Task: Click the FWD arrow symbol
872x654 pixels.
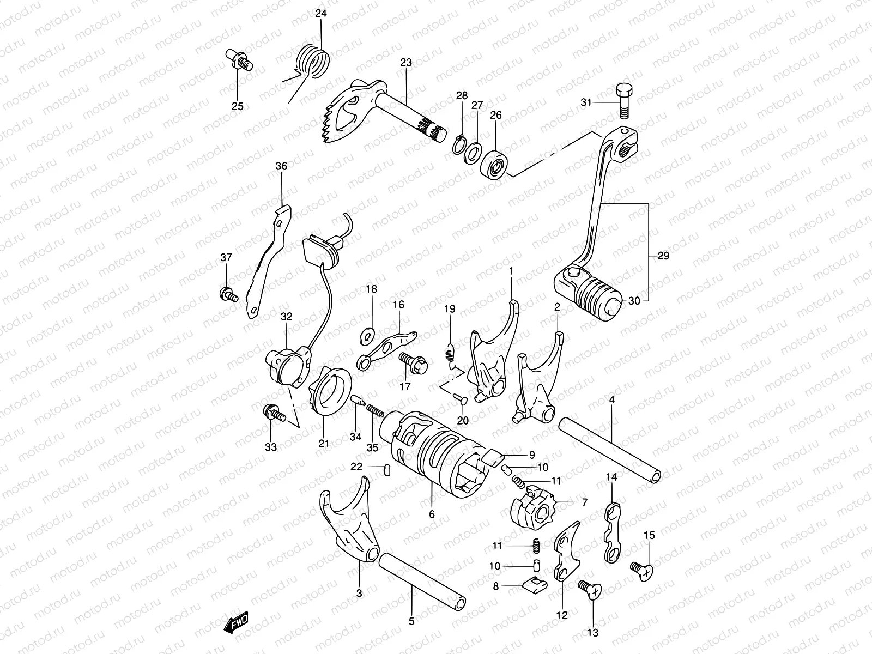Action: [x=235, y=622]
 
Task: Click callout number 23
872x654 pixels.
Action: [x=406, y=63]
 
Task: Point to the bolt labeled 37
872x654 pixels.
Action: [x=227, y=295]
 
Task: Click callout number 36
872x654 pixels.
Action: [x=281, y=167]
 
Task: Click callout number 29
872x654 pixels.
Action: [x=663, y=256]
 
